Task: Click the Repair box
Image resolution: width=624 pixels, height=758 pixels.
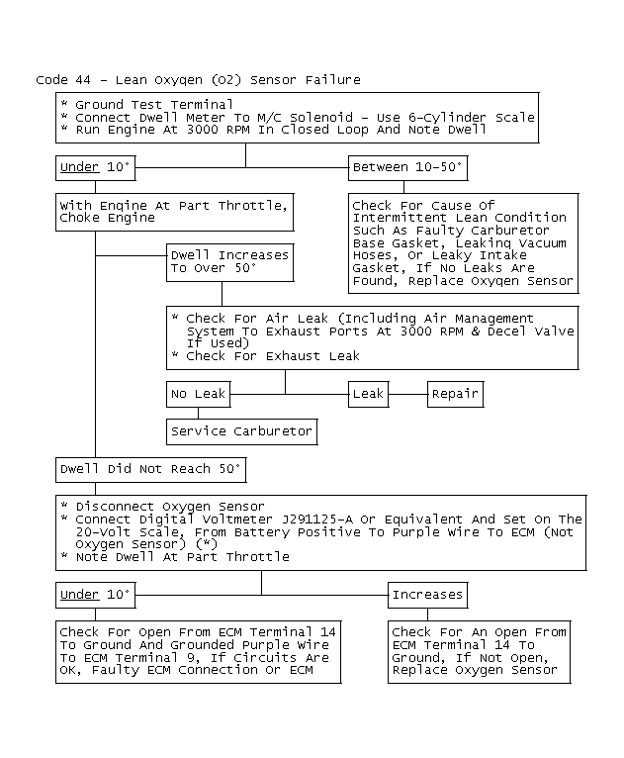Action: (455, 394)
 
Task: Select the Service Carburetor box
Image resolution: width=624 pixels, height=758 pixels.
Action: (241, 431)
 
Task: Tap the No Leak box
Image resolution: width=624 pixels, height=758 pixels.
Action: (198, 394)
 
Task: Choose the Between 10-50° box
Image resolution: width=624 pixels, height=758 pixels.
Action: (407, 167)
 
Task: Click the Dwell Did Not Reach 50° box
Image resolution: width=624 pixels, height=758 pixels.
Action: (150, 467)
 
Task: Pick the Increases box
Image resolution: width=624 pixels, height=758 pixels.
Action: (427, 595)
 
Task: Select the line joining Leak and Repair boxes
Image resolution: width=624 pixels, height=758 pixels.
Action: (407, 394)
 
